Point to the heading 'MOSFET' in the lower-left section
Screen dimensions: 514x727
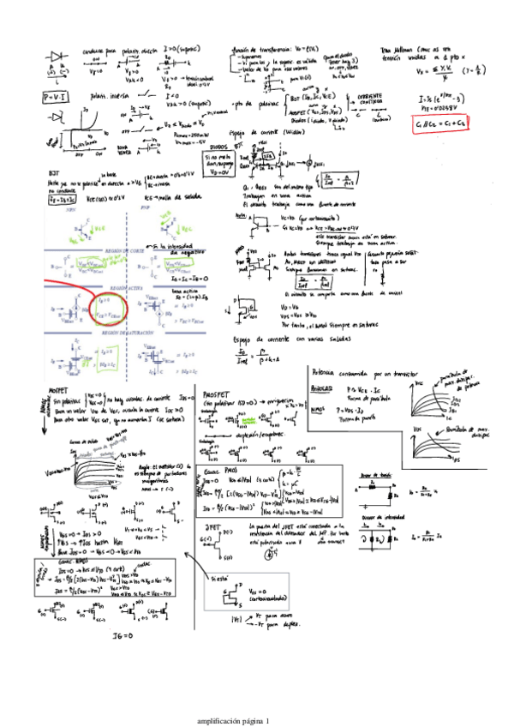click(x=59, y=390)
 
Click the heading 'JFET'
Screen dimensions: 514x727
click(x=215, y=526)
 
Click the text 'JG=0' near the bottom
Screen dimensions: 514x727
click(x=124, y=635)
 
